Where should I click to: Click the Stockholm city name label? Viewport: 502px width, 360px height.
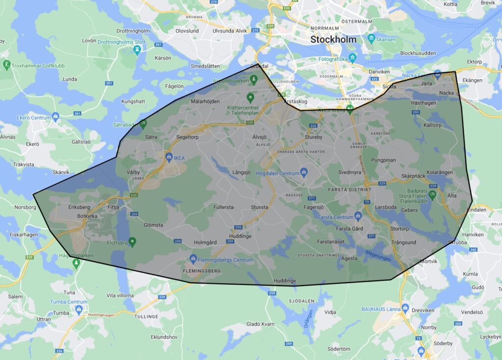coord(333,39)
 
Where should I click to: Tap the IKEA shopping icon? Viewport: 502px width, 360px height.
coord(169,157)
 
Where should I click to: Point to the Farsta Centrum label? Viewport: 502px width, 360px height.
coord(335,217)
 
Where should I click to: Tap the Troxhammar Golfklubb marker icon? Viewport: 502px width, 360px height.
coord(7,65)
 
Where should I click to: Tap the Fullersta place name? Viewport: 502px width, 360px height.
coord(224,207)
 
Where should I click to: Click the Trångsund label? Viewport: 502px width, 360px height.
coord(403,242)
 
